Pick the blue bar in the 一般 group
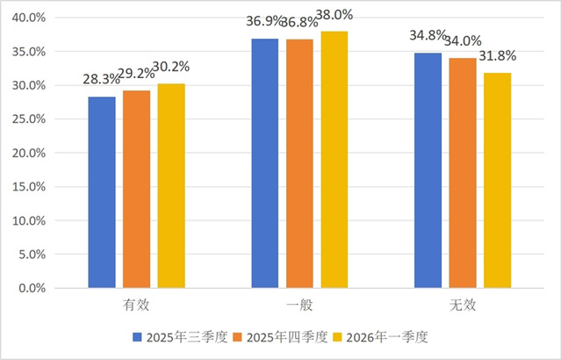[265, 163]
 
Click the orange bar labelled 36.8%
[299, 163]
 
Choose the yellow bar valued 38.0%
[334, 160]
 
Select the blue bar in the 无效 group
[428, 170]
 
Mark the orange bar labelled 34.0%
[463, 173]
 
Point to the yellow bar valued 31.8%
[497, 180]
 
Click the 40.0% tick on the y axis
[32, 18]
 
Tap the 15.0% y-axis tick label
[32, 187]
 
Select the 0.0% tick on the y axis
[35, 288]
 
